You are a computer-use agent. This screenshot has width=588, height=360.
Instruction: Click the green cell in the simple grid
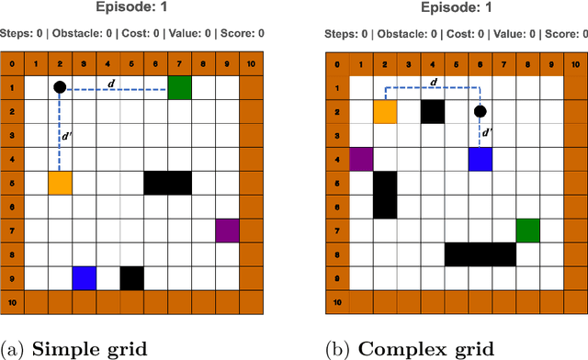click(180, 87)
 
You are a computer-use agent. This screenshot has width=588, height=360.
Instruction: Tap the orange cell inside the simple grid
click(60, 183)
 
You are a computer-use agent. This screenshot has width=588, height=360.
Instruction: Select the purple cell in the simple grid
click(227, 231)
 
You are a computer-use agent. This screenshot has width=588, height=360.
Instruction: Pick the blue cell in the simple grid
click(84, 277)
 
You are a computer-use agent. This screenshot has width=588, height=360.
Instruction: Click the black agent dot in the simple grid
click(60, 87)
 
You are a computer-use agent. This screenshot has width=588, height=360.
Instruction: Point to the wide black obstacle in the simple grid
click(167, 183)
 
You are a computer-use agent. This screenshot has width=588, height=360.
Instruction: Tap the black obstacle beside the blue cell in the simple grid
click(131, 277)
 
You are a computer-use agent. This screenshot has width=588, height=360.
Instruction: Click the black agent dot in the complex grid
click(480, 112)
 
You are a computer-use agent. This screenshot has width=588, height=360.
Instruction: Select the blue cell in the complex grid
click(480, 159)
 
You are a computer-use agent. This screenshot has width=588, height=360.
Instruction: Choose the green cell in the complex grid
click(527, 230)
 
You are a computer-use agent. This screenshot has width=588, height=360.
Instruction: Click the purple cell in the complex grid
click(361, 159)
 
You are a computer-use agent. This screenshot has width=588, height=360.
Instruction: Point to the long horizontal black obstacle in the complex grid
click(480, 253)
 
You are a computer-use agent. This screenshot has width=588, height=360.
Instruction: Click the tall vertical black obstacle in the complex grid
click(385, 195)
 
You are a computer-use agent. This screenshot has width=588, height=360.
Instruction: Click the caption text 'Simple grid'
click(105, 348)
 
